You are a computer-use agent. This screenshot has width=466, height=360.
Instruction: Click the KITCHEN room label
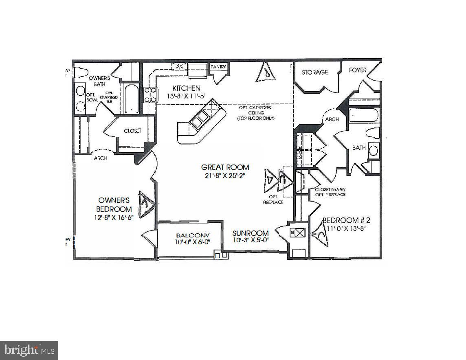pos(186,88)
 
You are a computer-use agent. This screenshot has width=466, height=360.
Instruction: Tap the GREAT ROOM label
pos(225,167)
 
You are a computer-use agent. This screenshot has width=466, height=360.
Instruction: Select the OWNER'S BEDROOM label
pos(114,204)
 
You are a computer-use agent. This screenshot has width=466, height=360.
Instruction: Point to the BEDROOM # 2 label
pos(346,220)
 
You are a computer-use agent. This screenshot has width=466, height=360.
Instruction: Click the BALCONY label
pos(193,235)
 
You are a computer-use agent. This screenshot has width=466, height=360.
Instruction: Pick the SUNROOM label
pos(251,233)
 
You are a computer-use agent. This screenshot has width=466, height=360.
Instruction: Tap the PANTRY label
pos(218,67)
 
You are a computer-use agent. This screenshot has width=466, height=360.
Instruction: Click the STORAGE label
pos(314,72)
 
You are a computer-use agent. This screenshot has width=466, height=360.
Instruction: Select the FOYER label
pos(358,70)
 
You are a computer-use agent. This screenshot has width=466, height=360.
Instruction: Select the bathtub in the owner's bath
pos(132,99)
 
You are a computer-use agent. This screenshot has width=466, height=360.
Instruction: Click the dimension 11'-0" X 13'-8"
pos(346,228)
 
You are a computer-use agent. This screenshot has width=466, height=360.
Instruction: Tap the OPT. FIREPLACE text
pos(273,200)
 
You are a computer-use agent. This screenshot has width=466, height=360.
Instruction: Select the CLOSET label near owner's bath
pos(132,131)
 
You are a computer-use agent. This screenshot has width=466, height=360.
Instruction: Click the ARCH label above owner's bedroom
pos(101,158)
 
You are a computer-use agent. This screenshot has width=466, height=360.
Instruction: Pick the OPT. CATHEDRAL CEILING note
pos(257,112)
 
